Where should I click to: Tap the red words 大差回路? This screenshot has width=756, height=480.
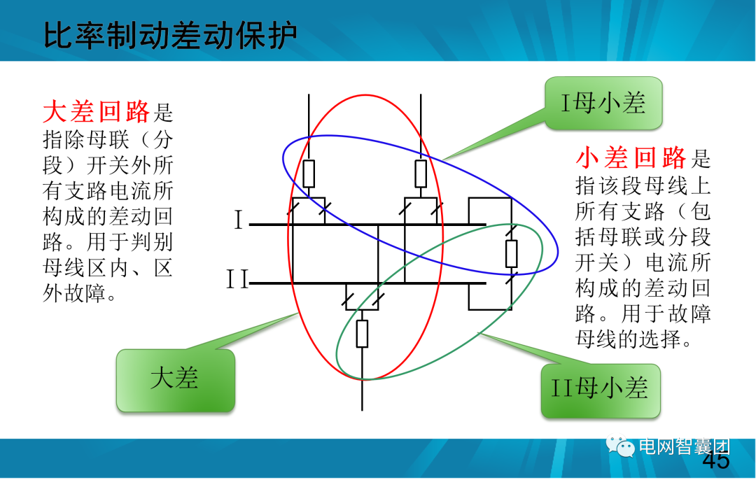click(97, 111)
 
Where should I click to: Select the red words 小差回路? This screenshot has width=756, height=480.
click(631, 159)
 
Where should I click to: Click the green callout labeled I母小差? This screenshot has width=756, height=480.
click(603, 104)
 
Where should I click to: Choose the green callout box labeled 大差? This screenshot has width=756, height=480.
click(175, 380)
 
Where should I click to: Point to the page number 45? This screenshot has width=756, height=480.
click(715, 461)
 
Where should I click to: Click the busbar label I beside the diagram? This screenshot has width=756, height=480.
click(238, 222)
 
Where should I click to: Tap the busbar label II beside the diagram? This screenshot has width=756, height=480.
click(237, 281)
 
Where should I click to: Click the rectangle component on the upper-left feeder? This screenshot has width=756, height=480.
click(309, 174)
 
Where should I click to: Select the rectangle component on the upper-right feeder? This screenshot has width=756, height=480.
click(421, 174)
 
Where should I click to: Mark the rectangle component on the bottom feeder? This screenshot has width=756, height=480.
click(362, 333)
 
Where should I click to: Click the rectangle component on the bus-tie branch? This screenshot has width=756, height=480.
click(512, 253)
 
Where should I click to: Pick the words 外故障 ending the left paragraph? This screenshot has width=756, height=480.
click(76, 293)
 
